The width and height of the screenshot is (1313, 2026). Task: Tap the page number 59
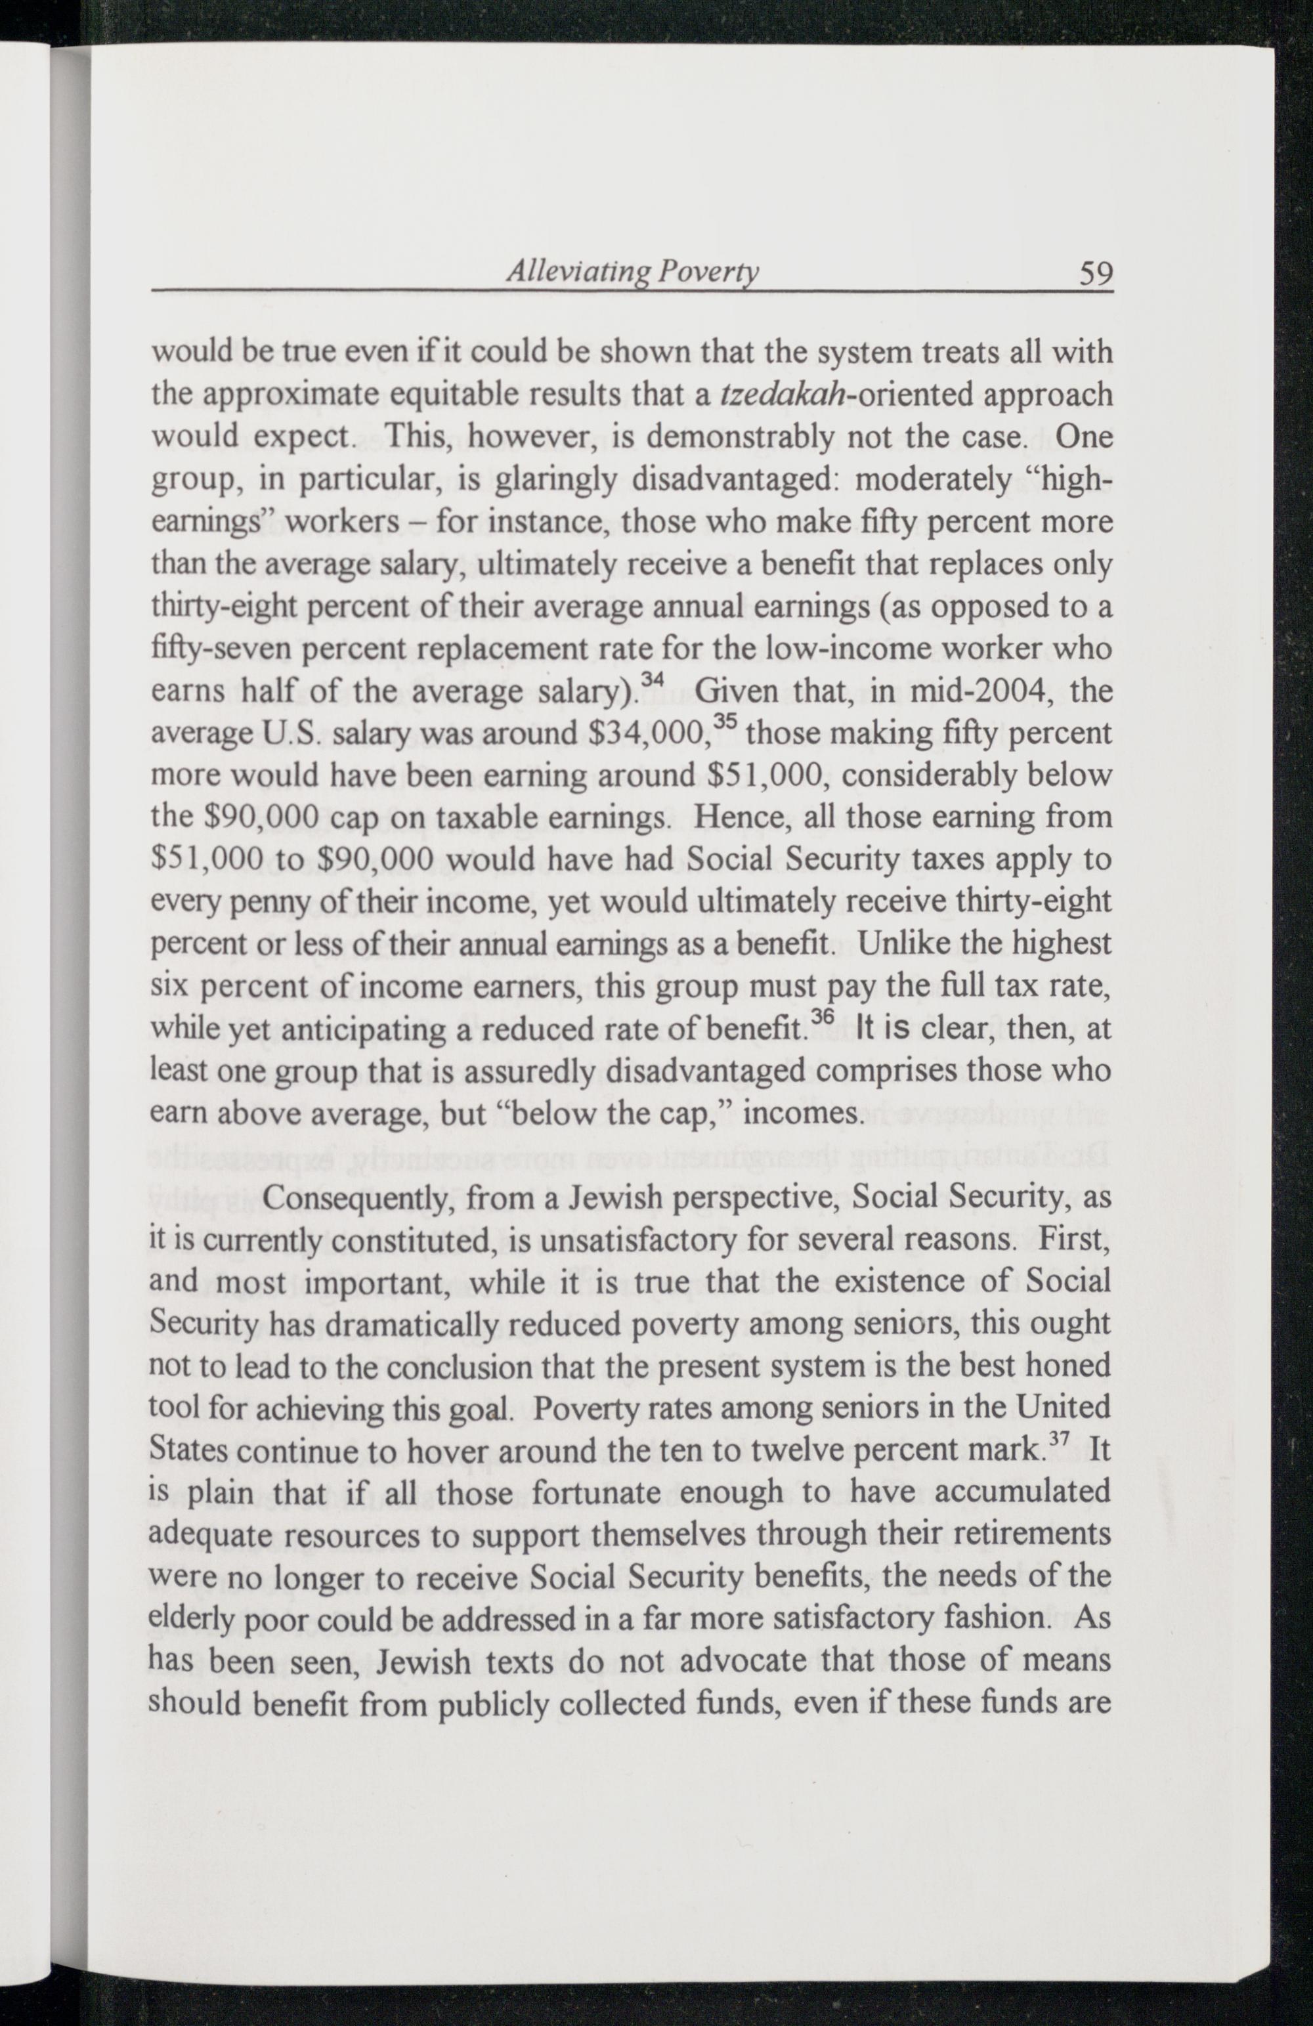point(1095,273)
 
